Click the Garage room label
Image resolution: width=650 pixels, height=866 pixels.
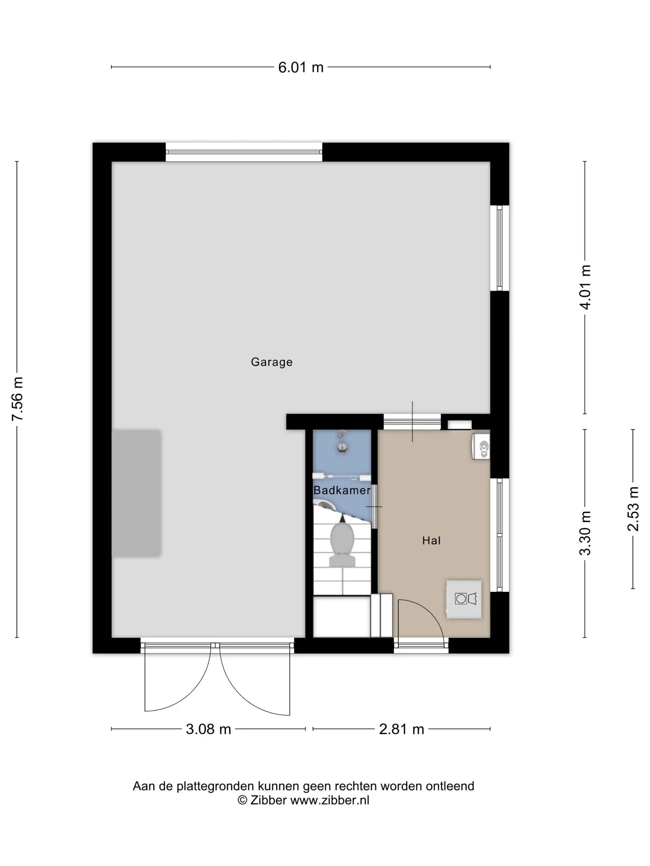(x=271, y=362)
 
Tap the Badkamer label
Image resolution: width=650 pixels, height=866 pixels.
(x=342, y=490)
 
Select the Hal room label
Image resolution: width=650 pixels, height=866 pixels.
(x=431, y=541)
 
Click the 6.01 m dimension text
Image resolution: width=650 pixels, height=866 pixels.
(x=301, y=67)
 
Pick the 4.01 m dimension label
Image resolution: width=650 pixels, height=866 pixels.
(x=585, y=287)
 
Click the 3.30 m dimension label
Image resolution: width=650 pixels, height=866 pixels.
(x=585, y=533)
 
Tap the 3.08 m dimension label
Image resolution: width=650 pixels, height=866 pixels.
(x=208, y=729)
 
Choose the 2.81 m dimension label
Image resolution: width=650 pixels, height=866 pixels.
(x=401, y=729)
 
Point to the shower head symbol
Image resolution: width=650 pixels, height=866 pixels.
(x=342, y=441)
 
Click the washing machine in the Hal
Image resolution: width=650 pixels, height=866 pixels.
(x=464, y=599)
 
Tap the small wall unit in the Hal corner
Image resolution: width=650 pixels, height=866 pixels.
(x=481, y=446)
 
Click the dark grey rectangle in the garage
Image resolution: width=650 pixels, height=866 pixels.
(x=137, y=493)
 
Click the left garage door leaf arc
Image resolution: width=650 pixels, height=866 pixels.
(x=186, y=693)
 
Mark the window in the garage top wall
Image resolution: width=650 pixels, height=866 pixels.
(x=244, y=152)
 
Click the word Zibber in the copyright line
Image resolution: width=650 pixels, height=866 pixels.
(x=268, y=800)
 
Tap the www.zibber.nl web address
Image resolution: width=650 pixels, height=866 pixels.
(x=330, y=800)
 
